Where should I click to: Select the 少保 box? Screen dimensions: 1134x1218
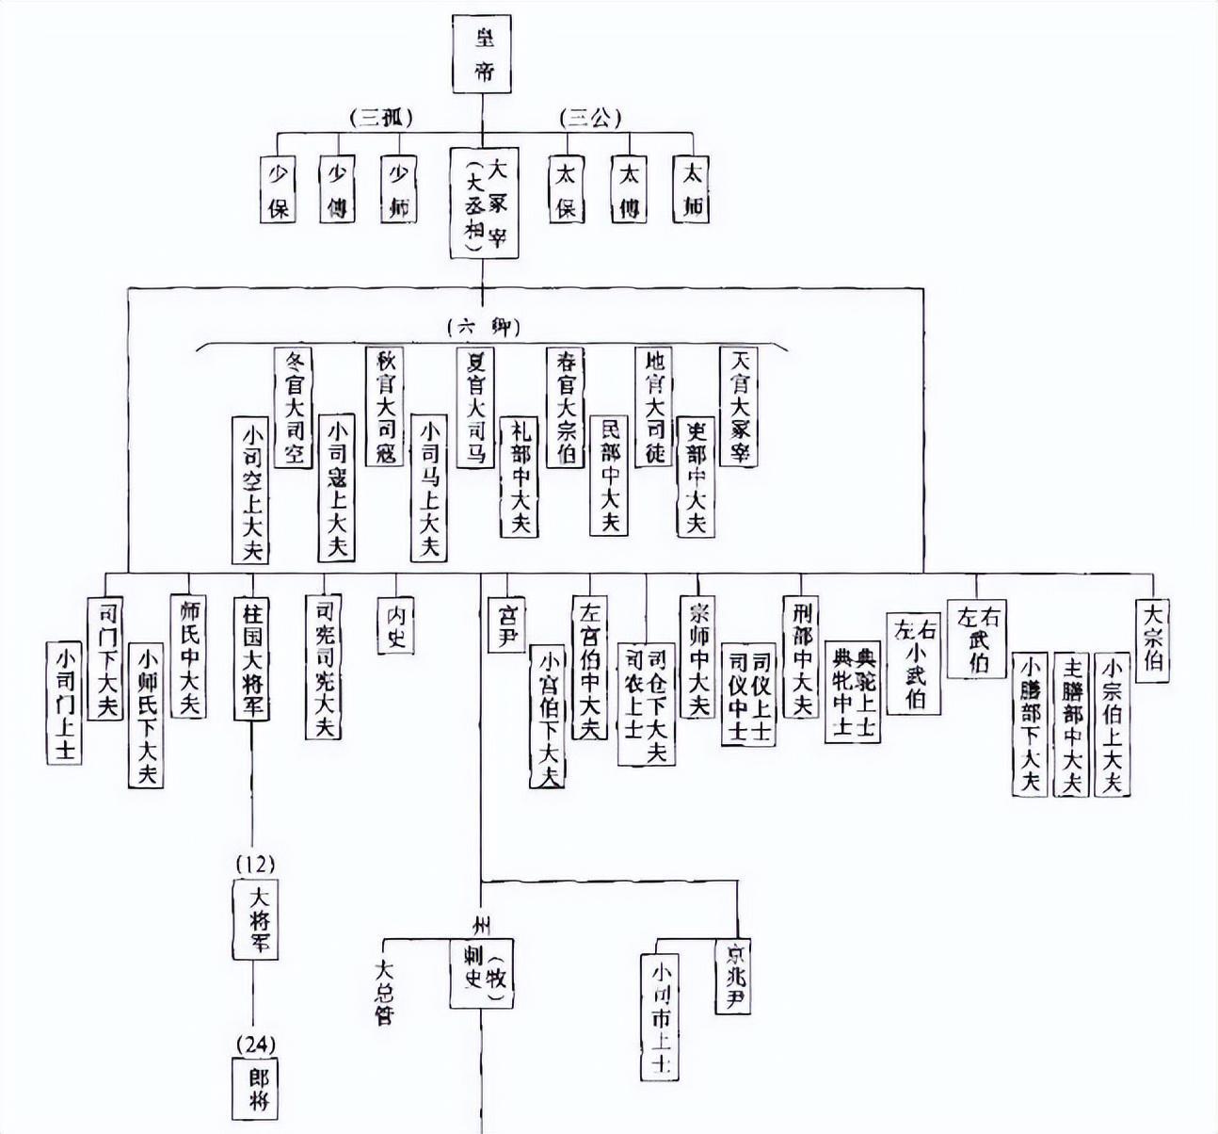point(279,188)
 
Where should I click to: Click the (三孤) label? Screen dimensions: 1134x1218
point(381,118)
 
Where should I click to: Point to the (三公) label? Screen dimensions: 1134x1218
point(587,118)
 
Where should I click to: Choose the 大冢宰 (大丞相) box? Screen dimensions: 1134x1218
point(484,202)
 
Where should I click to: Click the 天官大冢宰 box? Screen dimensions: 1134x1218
point(739,407)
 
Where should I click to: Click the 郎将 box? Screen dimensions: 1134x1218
point(253,1088)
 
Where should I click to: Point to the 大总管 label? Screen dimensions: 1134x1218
point(383,992)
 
